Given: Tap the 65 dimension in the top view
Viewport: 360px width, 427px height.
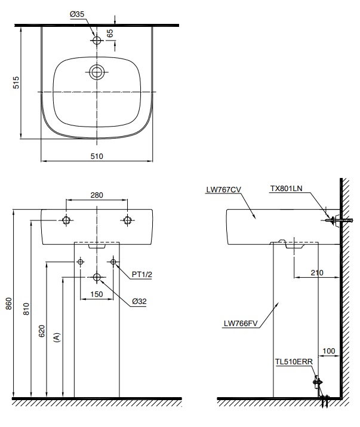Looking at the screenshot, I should pyautogui.click(x=110, y=33).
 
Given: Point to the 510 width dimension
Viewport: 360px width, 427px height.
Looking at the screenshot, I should pyautogui.click(x=97, y=156).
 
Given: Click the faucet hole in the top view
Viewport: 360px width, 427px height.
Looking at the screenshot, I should pyautogui.click(x=97, y=41).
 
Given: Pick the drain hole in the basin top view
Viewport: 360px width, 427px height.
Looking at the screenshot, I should pyautogui.click(x=97, y=73).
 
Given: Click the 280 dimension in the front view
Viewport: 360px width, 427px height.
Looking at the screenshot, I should pyautogui.click(x=97, y=195).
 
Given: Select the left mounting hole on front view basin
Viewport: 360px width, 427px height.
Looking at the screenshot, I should pyautogui.click(x=67, y=220).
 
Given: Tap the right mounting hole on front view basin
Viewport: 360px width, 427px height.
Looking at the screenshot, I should pyautogui.click(x=127, y=220).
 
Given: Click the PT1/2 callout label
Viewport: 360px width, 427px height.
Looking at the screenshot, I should pyautogui.click(x=142, y=274).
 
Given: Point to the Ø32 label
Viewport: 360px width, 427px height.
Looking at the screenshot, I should pyautogui.click(x=139, y=301).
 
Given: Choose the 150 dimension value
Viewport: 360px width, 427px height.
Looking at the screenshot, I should pyautogui.click(x=97, y=294).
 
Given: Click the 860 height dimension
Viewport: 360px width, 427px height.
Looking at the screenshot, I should pyautogui.click(x=7, y=303).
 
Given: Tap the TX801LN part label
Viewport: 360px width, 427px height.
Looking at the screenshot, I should pyautogui.click(x=287, y=188).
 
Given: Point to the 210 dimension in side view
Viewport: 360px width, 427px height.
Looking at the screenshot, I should pyautogui.click(x=316, y=272).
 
